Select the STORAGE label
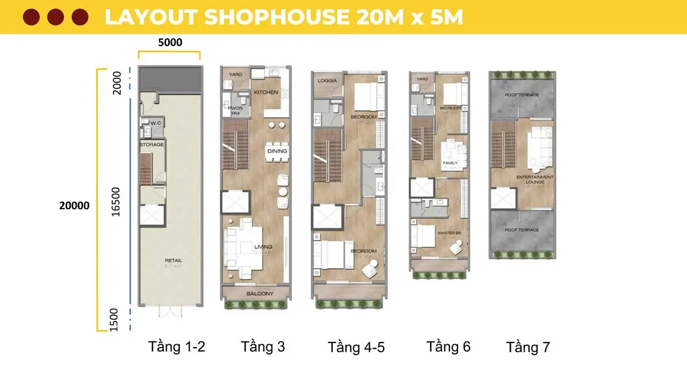[x=152, y=145]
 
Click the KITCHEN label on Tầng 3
[x=266, y=92]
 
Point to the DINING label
[x=277, y=151]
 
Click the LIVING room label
[x=263, y=246]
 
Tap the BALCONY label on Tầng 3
[x=259, y=294]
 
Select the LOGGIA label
[x=327, y=81]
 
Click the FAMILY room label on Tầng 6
[x=449, y=163]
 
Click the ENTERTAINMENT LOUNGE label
[x=535, y=180]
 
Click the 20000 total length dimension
[x=74, y=205]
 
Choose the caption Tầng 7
[x=528, y=347]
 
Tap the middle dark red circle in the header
[x=56, y=17]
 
